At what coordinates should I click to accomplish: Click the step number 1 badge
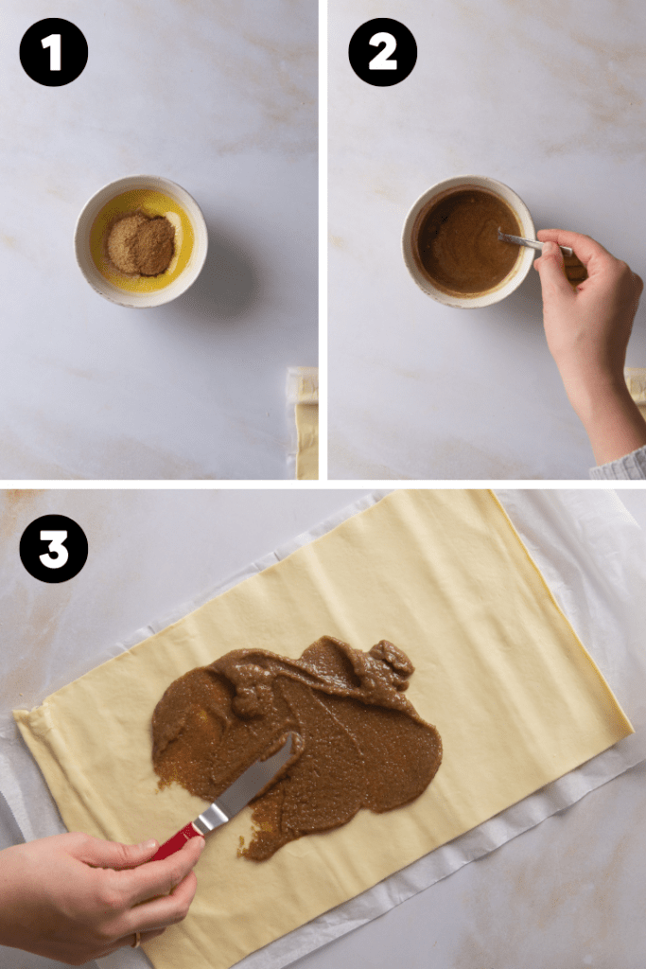(53, 52)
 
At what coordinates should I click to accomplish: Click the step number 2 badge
(382, 52)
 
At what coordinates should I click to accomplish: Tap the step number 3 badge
(53, 549)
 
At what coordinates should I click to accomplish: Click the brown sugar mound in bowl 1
(140, 243)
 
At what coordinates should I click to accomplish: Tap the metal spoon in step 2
(530, 243)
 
